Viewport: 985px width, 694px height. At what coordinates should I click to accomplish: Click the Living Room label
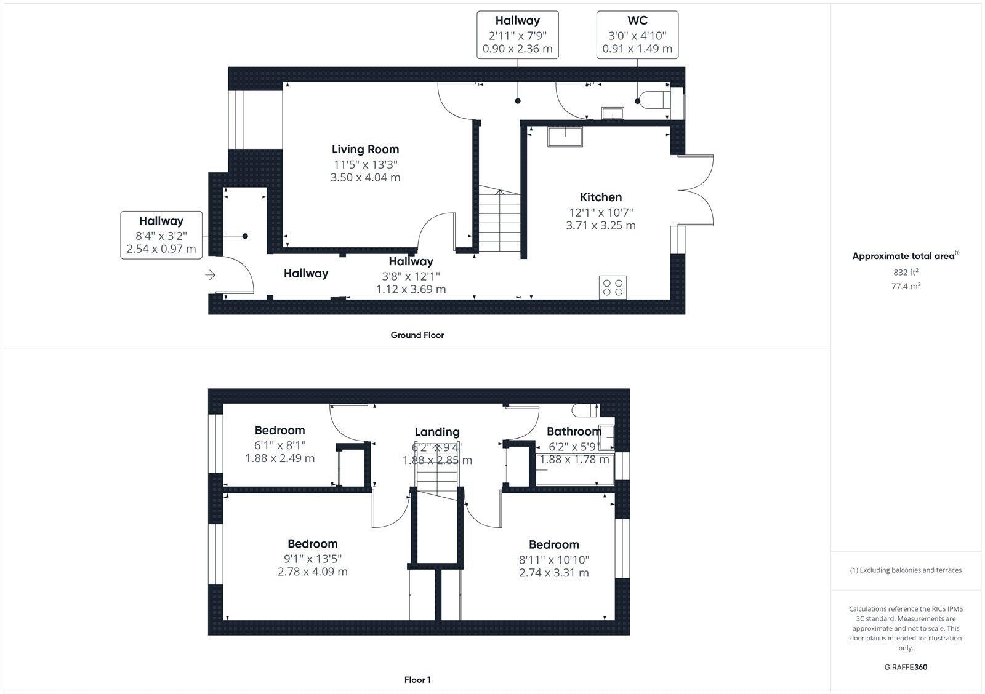[365, 150]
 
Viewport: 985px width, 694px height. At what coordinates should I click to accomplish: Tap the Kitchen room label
[601, 197]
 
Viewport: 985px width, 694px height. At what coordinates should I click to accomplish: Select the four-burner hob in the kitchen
[613, 287]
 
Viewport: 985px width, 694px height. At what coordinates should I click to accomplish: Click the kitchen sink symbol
[564, 137]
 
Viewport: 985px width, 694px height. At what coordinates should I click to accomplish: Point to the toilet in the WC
[653, 100]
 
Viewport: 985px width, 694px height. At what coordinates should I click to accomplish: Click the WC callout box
[637, 35]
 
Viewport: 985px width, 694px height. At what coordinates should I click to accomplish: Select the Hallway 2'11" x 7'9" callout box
[517, 35]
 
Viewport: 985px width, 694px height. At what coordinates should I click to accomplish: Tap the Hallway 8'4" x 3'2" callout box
[161, 234]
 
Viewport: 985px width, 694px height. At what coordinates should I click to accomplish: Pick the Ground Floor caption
[417, 335]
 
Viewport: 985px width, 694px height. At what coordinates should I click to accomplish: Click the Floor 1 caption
[417, 680]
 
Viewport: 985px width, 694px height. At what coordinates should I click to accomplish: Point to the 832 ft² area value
[906, 272]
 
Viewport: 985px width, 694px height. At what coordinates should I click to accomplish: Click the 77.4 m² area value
[906, 286]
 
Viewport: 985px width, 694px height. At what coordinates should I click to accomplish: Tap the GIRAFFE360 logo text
[906, 667]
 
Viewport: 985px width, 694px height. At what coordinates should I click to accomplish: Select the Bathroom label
[574, 431]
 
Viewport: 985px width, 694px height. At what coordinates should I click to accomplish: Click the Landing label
[436, 432]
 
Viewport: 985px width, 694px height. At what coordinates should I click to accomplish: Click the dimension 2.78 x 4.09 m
[312, 572]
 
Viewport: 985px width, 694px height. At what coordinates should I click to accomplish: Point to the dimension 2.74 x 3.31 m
[553, 573]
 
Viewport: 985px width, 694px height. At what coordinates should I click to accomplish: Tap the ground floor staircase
[499, 221]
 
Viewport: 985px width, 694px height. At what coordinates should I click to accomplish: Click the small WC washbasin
[613, 113]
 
